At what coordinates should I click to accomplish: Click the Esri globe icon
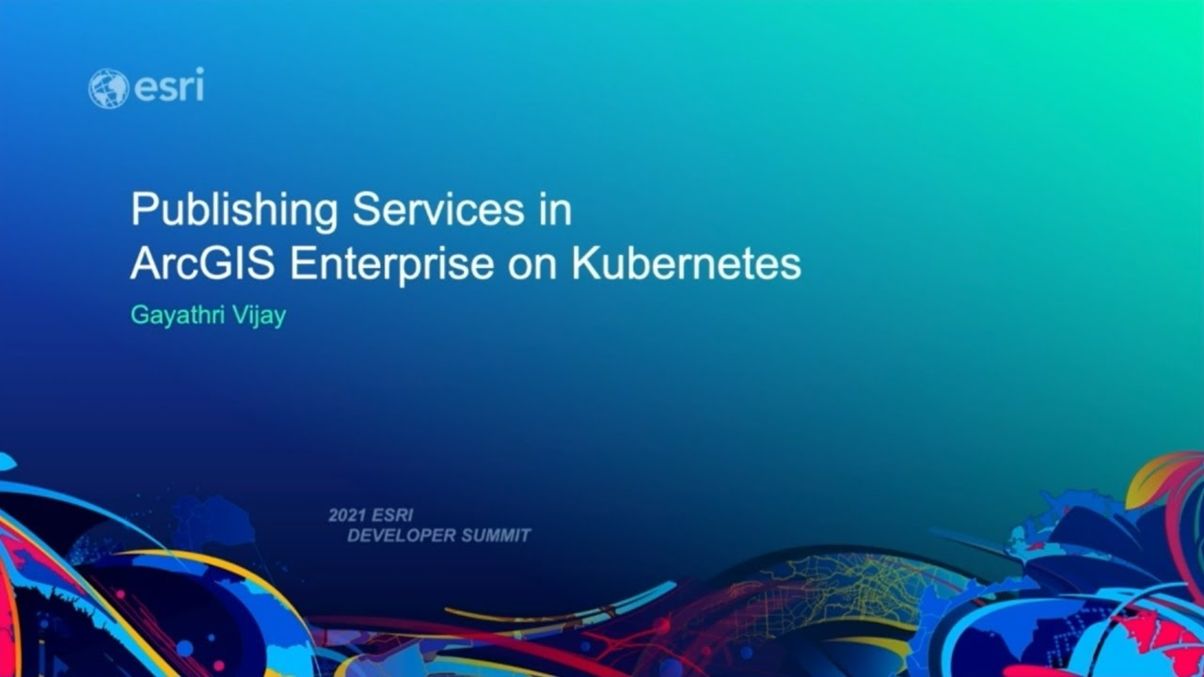[108, 88]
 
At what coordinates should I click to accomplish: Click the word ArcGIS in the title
[204, 264]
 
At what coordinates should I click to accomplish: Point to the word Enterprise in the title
[391, 265]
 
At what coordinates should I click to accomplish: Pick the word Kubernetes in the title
[686, 264]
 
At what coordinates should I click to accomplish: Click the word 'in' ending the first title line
[555, 209]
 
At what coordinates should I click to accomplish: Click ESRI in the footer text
[392, 516]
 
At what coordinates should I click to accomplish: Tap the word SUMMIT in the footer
[497, 536]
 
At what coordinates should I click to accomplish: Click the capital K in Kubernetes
[584, 264]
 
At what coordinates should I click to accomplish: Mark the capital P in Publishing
[142, 209]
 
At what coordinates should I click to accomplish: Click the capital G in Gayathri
[139, 316]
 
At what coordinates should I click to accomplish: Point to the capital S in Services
[365, 209]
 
